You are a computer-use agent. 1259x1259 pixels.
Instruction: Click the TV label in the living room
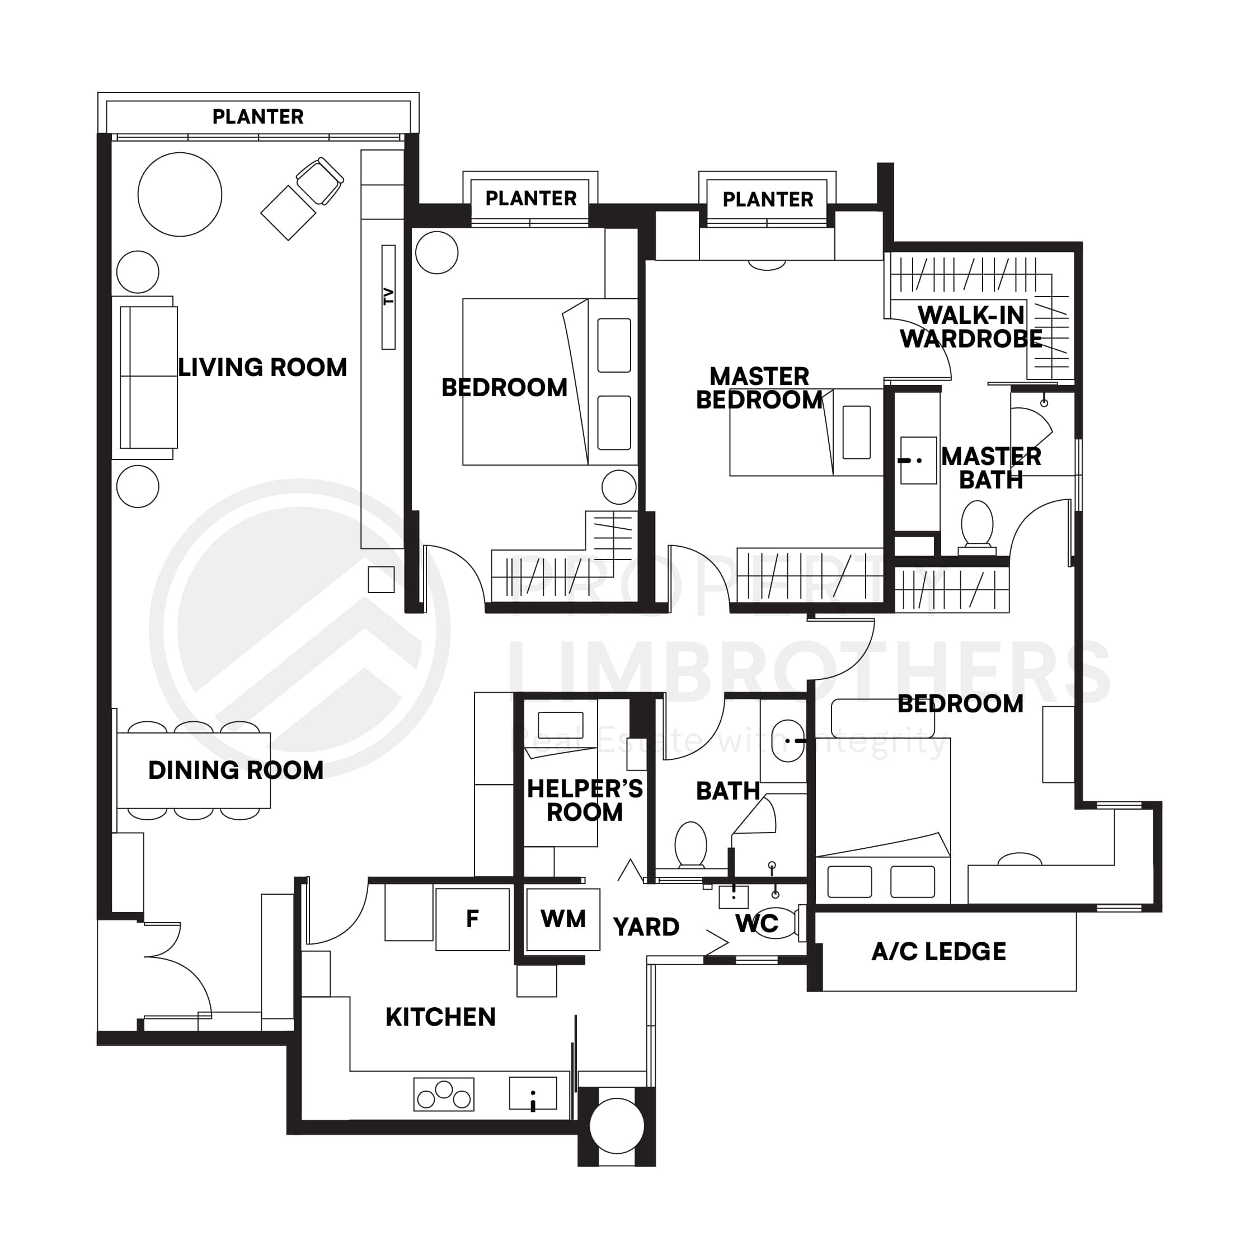[388, 297]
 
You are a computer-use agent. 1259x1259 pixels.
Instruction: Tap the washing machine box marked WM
[563, 919]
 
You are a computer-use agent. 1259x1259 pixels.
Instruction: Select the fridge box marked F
[472, 919]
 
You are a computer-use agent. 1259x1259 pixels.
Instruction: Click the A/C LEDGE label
[938, 952]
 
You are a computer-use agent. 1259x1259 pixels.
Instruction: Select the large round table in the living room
[180, 194]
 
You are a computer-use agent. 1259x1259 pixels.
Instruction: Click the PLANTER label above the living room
[258, 116]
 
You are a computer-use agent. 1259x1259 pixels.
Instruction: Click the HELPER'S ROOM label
[585, 801]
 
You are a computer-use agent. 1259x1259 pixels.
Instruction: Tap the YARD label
[646, 927]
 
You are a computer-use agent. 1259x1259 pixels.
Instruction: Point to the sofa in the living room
[149, 377]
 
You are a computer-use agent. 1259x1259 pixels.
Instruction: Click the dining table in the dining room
[194, 771]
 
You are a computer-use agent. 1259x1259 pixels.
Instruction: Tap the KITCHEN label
[440, 1017]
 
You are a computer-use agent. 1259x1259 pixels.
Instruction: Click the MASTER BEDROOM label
[759, 388]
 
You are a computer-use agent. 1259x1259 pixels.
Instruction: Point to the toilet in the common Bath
[690, 844]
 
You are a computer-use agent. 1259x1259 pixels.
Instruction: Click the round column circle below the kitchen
[617, 1126]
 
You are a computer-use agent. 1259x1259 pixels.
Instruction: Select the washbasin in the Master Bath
[918, 460]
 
